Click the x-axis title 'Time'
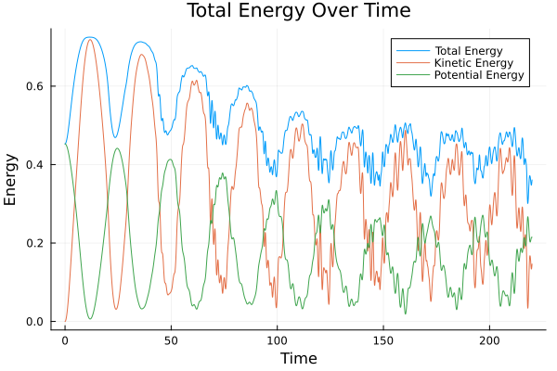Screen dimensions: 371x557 [299, 358]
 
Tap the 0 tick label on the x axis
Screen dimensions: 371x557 [65, 340]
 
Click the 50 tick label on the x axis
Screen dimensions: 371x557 [171, 340]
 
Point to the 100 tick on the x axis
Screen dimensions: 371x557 [277, 340]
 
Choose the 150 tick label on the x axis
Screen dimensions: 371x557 [382, 340]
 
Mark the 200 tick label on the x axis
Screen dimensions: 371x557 [488, 340]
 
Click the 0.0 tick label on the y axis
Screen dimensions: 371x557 [35, 322]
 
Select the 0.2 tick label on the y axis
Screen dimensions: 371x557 [35, 243]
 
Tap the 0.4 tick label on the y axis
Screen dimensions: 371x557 [35, 164]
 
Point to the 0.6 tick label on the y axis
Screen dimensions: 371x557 [35, 85]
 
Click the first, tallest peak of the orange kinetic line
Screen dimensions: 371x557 [90, 39]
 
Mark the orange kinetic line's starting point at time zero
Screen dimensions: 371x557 [65, 322]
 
